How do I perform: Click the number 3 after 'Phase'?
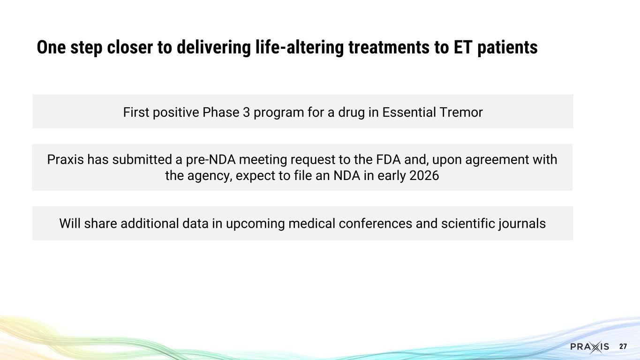pos(246,112)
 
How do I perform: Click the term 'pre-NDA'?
pos(213,160)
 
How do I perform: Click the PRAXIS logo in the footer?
pos(589,347)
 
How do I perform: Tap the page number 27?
pos(623,347)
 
